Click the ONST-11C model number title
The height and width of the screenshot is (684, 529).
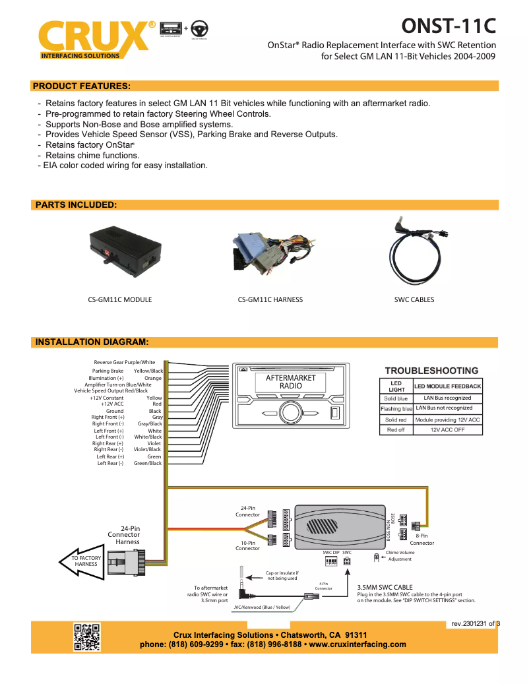[x=449, y=27]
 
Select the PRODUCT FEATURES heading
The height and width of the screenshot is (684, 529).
[x=81, y=86]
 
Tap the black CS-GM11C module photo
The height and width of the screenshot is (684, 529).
[x=125, y=251]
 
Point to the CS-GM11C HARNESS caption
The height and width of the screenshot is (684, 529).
[x=270, y=299]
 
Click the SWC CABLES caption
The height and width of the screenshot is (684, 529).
[x=414, y=299]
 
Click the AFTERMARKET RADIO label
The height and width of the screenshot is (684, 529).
[x=291, y=382]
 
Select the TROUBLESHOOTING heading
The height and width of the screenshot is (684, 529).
[x=431, y=371]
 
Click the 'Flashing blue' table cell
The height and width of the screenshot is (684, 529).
[x=396, y=409]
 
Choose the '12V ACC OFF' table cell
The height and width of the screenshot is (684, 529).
[x=448, y=430]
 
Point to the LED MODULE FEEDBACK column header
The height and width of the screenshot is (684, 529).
[x=448, y=386]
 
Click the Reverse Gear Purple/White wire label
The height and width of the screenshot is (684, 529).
[x=125, y=362]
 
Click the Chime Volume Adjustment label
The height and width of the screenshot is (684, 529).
[x=400, y=556]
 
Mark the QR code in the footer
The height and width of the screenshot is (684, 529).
[x=86, y=637]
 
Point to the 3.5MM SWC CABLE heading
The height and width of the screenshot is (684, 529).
[x=385, y=586]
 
